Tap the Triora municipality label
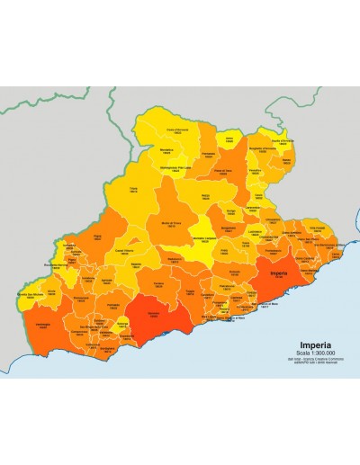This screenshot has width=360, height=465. click(134, 190)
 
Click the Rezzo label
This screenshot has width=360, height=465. click(206, 196)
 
